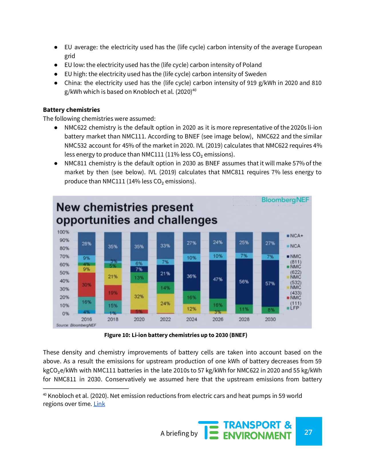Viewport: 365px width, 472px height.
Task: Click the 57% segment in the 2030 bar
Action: click(270, 283)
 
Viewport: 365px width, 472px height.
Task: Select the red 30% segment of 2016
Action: click(86, 285)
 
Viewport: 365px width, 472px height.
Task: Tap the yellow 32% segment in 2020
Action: click(139, 296)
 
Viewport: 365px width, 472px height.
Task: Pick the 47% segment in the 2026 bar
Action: click(218, 279)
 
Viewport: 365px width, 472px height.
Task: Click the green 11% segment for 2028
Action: click(244, 309)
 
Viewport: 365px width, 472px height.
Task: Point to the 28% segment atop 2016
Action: click(86, 243)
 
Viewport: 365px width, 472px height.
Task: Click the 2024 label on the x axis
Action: click(191, 319)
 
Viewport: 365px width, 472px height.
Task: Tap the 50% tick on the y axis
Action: click(64, 273)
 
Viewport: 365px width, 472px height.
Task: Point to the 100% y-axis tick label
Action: click(63, 232)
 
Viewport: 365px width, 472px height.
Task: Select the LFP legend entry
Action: click(293, 308)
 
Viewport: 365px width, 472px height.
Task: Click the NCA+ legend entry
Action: click(295, 236)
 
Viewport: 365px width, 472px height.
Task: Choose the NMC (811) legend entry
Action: click(294, 259)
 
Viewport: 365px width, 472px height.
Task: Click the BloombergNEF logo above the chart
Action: click(285, 200)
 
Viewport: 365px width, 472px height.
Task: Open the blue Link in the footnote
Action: click(99, 404)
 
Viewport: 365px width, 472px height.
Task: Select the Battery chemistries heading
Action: click(71, 110)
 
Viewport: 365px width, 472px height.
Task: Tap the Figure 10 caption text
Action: click(176, 335)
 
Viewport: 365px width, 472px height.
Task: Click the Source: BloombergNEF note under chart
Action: click(76, 325)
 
